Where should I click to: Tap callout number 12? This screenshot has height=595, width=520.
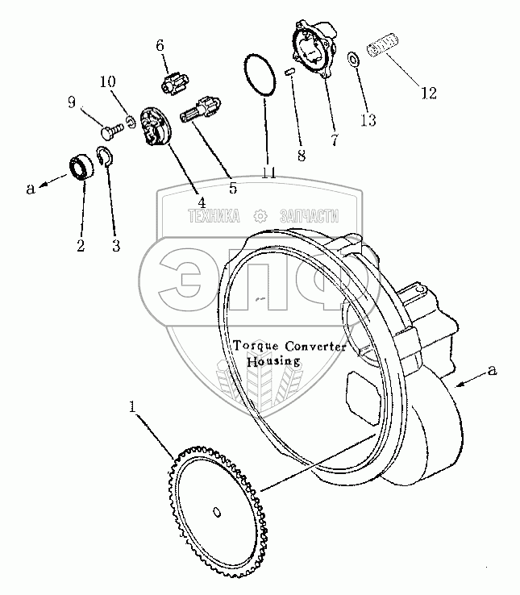(427, 93)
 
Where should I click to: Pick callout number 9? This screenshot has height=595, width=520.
(72, 102)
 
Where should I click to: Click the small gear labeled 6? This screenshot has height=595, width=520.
(172, 84)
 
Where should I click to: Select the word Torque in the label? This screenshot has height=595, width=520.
(254, 347)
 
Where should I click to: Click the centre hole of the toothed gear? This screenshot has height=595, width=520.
(218, 510)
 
